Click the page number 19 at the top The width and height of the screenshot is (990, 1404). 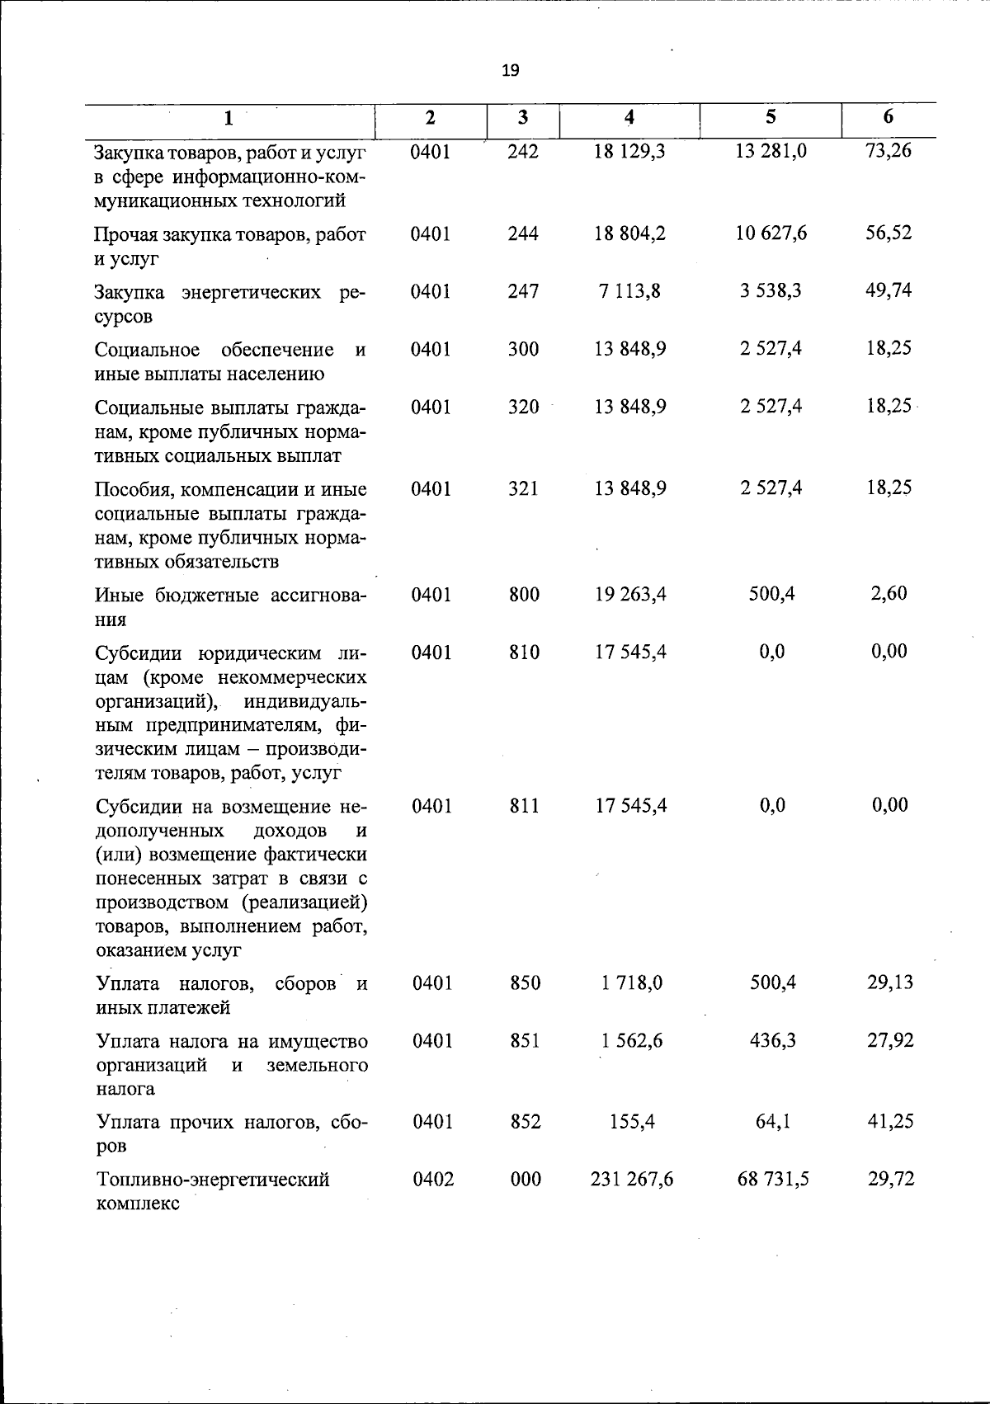[510, 70]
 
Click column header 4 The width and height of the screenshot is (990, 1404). [629, 117]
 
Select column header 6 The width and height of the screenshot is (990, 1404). [888, 117]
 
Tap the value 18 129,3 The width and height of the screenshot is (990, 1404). [629, 151]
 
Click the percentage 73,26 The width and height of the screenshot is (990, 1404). [889, 151]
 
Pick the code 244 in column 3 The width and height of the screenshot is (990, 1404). [523, 233]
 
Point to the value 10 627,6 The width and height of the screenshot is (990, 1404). [771, 233]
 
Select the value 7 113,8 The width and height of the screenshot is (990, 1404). [629, 291]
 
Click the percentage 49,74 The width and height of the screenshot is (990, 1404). [889, 290]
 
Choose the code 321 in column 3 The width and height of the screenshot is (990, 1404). [523, 488]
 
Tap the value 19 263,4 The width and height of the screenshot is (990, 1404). [630, 594]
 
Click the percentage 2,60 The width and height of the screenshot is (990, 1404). [889, 593]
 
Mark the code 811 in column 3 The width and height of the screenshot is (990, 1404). [524, 806]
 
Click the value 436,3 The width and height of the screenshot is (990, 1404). [773, 1041]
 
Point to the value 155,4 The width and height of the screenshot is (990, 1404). [632, 1122]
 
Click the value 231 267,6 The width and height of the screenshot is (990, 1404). [632, 1180]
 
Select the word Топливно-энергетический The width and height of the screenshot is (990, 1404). [213, 1180]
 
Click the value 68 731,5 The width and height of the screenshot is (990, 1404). [773, 1180]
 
